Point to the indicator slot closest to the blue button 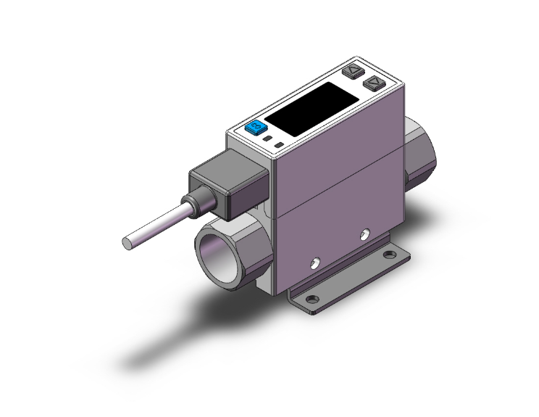pos(269,137)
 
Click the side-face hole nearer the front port pos(315,260)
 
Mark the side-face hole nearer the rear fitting pos(366,234)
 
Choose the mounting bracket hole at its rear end pos(391,255)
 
